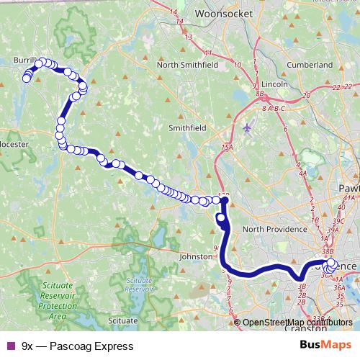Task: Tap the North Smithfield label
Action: click(188, 64)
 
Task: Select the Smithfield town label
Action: click(187, 127)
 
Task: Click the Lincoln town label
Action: click(274, 84)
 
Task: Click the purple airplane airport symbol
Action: click(248, 128)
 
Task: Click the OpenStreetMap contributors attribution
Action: click(297, 322)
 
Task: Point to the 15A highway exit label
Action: click(228, 148)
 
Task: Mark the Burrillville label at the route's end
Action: click(26, 62)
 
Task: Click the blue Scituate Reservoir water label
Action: click(140, 284)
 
